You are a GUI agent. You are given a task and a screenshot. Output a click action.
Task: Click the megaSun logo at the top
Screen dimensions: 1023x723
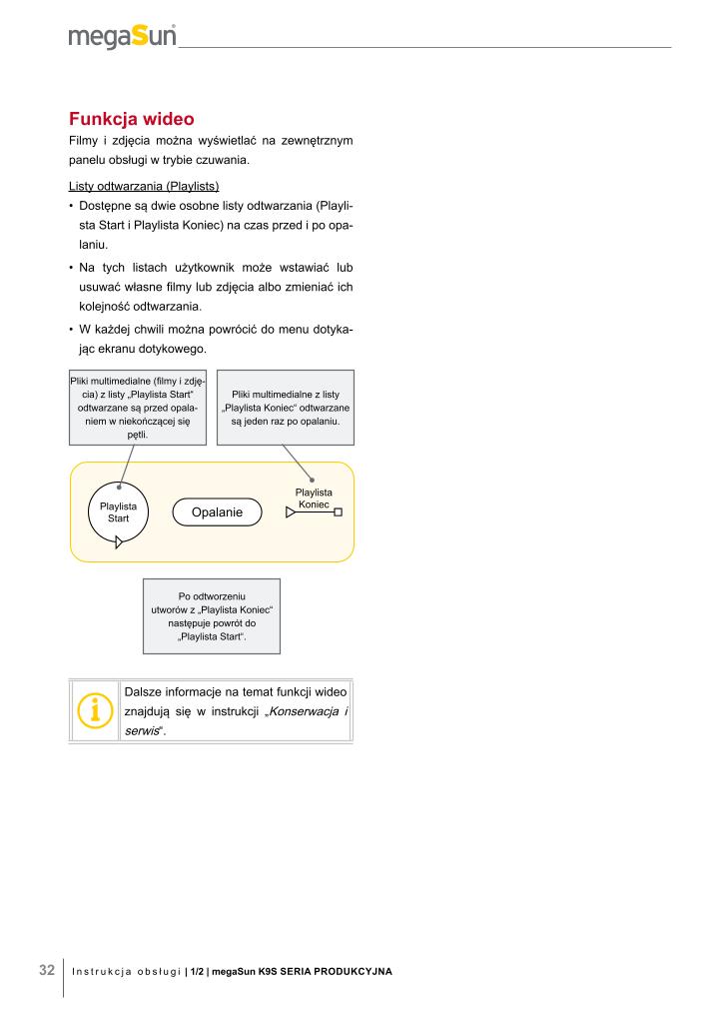click(122, 36)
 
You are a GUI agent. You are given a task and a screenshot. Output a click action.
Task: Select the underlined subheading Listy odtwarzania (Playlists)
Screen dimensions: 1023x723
click(144, 187)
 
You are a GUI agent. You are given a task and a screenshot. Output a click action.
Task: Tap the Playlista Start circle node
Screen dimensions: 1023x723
click(118, 512)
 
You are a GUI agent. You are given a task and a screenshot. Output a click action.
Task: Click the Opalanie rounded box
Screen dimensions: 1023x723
click(217, 512)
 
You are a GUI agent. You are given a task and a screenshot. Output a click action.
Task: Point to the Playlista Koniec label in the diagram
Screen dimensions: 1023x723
click(314, 498)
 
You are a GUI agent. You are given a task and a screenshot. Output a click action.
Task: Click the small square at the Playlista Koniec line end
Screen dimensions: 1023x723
click(339, 513)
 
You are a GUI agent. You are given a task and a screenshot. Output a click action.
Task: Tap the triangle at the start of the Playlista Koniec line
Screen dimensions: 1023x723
click(291, 513)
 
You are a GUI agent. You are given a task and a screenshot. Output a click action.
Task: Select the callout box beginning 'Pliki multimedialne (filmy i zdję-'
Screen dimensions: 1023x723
click(138, 408)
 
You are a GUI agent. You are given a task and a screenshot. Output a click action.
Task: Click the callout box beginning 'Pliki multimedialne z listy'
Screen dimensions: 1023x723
click(286, 408)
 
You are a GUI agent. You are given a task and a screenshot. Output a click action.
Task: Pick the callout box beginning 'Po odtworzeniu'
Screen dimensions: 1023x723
click(212, 616)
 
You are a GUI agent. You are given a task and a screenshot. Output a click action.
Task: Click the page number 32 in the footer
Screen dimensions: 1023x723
click(46, 970)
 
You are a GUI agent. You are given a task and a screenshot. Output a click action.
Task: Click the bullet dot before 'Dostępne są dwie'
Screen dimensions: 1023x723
click(71, 206)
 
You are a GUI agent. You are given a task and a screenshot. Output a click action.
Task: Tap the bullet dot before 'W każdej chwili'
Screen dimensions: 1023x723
click(71, 330)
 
